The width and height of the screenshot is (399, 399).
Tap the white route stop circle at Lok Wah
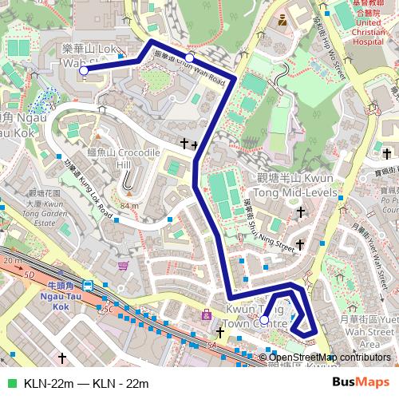coord(84,71)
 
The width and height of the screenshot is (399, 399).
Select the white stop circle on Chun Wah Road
coord(190,57)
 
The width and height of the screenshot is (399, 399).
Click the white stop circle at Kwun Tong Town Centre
coord(264,320)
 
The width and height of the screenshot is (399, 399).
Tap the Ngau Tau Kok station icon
coord(86,285)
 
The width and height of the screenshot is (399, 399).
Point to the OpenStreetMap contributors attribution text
coord(330,358)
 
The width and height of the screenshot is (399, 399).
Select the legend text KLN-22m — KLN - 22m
coord(86,382)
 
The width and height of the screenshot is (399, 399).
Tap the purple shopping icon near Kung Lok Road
coord(122,265)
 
